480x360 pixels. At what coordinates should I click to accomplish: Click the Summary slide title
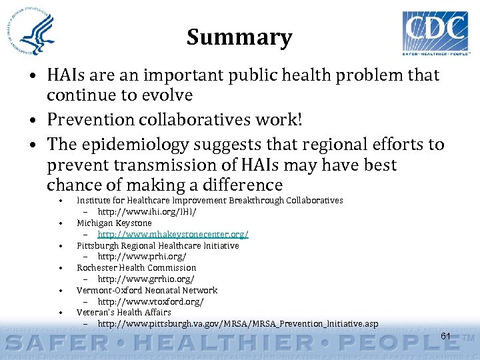(x=239, y=37)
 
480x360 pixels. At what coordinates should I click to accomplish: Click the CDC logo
(x=435, y=31)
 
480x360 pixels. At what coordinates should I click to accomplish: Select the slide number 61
(x=445, y=336)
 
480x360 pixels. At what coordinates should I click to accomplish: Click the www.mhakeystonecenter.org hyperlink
(x=173, y=234)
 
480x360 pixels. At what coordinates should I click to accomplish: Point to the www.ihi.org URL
(x=147, y=211)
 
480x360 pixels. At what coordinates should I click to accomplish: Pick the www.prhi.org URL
(x=142, y=256)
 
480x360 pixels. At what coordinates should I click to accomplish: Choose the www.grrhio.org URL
(x=146, y=279)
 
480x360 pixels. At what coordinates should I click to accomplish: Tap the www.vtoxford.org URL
(x=151, y=301)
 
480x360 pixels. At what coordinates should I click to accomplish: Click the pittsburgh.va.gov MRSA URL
(x=237, y=324)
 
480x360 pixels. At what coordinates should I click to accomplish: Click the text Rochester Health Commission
(x=136, y=267)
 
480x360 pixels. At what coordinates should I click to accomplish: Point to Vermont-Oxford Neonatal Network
(x=147, y=290)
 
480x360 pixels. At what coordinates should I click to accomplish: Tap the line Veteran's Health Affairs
(x=123, y=312)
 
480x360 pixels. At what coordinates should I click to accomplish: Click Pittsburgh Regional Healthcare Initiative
(x=157, y=245)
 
